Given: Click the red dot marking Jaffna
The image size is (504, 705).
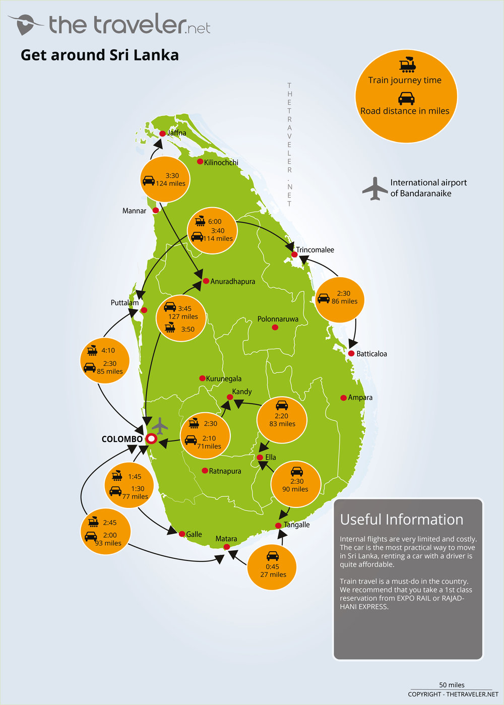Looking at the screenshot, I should [x=162, y=134].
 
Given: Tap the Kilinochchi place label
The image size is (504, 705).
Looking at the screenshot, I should [x=221, y=162].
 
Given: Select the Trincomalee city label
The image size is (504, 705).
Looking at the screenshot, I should [x=314, y=249].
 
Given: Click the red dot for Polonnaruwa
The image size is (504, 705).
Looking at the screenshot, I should [x=275, y=328].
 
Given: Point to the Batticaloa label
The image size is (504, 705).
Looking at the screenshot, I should [x=371, y=354].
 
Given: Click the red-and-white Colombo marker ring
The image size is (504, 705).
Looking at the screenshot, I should [x=151, y=439].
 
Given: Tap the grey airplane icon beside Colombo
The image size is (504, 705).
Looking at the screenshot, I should [x=160, y=426].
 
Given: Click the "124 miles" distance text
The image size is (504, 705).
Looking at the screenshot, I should [x=170, y=183].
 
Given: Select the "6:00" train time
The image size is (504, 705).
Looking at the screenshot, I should [x=215, y=221].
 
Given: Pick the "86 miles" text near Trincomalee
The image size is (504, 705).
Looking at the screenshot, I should [x=344, y=301].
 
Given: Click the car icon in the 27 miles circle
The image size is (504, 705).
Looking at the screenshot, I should [x=272, y=556].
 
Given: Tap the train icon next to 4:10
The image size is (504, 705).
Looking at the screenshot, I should [x=92, y=350].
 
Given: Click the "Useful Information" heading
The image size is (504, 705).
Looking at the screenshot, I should [x=401, y=520].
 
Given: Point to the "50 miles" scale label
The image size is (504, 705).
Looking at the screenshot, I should [x=452, y=685].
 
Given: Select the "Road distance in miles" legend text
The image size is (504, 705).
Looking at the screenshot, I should [x=404, y=111].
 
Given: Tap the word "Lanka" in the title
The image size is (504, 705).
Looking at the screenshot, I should [x=156, y=55].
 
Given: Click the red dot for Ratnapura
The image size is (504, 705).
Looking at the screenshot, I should [x=205, y=471].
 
